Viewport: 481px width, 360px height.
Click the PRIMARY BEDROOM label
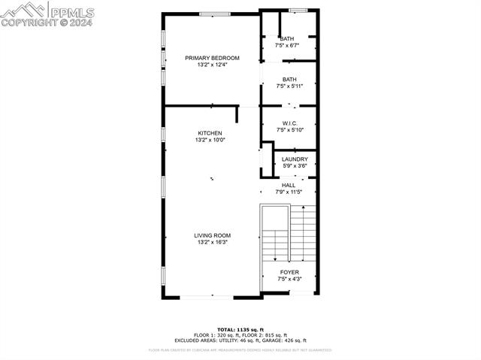coord(212,58)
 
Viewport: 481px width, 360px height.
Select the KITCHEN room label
coord(210,133)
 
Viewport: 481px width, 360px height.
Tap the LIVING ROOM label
coord(212,235)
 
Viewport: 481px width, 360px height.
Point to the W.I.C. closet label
coord(289,123)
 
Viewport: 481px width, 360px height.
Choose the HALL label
coord(289,185)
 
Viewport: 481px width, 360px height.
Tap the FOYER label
coord(289,272)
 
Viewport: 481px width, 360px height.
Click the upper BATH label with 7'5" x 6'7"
coord(287,39)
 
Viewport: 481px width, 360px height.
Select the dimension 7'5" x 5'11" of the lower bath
coord(289,86)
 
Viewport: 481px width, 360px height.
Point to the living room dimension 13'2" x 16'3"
coord(212,243)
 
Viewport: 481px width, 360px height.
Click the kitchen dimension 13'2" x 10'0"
coord(210,140)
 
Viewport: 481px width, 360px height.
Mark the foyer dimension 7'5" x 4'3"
coord(289,280)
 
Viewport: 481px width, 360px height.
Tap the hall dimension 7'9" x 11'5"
coord(289,192)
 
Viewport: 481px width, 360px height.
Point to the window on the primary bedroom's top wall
coord(214,13)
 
